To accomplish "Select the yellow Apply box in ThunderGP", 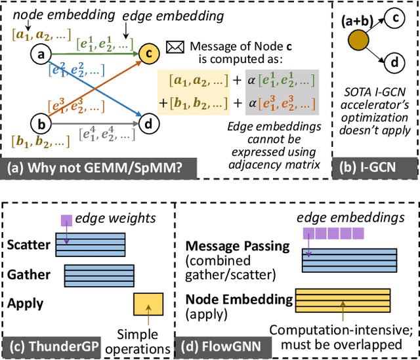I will pyautogui.click(x=148, y=305).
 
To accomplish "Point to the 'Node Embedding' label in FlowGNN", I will pyautogui.click(x=240, y=298).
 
